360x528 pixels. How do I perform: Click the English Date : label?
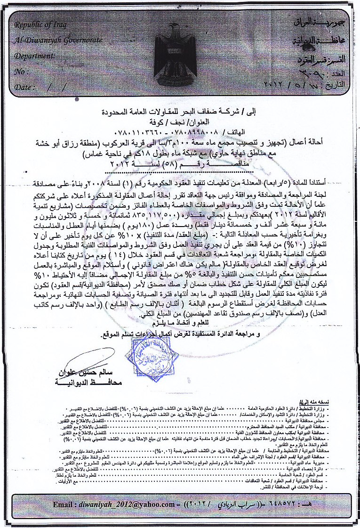24,88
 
